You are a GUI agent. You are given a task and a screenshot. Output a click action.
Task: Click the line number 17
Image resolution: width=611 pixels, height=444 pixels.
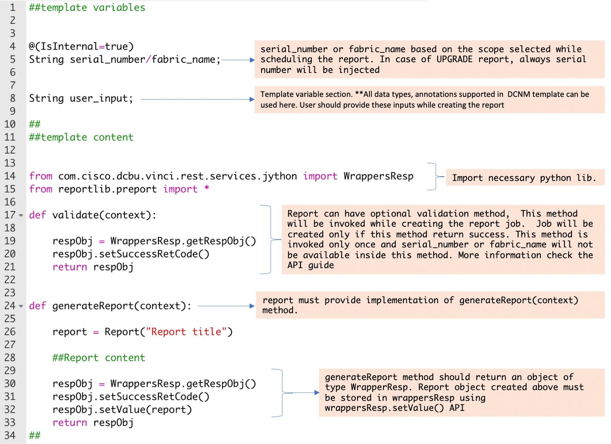pyautogui.click(x=10, y=215)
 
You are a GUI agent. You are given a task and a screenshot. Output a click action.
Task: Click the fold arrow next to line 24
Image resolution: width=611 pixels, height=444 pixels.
pyautogui.click(x=21, y=306)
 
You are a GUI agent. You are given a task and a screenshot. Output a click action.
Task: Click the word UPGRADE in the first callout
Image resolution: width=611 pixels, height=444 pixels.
pyautogui.click(x=454, y=59)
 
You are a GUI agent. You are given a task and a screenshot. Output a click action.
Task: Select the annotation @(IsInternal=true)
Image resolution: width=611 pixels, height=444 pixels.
pyautogui.click(x=81, y=47)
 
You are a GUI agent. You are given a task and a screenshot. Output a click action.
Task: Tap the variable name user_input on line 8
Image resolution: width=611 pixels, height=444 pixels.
pyautogui.click(x=99, y=98)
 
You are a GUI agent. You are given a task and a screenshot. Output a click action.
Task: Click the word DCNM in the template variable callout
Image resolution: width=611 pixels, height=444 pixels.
pyautogui.click(x=518, y=94)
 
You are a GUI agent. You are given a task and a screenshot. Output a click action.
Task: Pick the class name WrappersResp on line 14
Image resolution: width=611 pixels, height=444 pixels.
pyautogui.click(x=378, y=176)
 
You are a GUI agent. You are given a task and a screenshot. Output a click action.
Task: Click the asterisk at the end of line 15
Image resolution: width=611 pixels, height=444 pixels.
pyautogui.click(x=207, y=188)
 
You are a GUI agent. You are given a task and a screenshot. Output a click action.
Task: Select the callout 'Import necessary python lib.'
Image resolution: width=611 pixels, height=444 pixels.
pyautogui.click(x=524, y=178)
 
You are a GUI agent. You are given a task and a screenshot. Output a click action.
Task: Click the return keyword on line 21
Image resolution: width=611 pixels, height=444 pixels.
pyautogui.click(x=70, y=267)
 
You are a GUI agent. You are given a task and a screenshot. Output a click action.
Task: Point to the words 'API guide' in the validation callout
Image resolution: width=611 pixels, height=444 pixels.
pyautogui.click(x=311, y=265)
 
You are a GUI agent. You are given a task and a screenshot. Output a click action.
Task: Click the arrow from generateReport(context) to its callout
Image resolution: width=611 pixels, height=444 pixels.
pyautogui.click(x=226, y=306)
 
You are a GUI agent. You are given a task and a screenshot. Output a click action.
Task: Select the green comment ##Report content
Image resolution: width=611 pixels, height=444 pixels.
pyautogui.click(x=99, y=358)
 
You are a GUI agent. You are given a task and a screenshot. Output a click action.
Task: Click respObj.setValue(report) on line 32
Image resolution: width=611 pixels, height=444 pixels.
pyautogui.click(x=122, y=410)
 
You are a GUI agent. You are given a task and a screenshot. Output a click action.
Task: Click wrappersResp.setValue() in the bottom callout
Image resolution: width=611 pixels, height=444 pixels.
pyautogui.click(x=384, y=408)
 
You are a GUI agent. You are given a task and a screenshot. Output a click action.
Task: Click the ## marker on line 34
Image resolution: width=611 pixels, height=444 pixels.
pyautogui.click(x=35, y=435)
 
